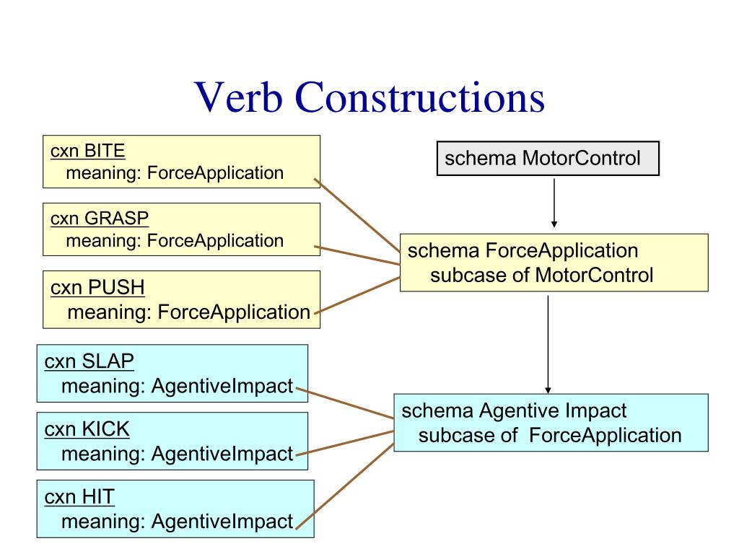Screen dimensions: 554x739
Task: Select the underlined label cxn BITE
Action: pos(88,151)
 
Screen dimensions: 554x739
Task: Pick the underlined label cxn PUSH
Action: pos(97,288)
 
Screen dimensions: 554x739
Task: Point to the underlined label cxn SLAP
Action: pos(89,361)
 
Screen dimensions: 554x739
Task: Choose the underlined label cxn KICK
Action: pos(87,429)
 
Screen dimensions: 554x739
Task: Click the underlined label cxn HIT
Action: pos(79,496)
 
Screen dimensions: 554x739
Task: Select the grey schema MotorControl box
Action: pos(548,159)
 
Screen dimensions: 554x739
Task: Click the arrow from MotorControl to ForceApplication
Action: pos(554,202)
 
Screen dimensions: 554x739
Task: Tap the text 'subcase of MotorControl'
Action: pos(541,275)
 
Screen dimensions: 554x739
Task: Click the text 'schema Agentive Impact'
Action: pos(514,411)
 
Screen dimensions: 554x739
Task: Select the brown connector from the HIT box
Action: pos(345,487)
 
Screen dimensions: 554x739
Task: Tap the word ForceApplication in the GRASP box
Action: pos(215,240)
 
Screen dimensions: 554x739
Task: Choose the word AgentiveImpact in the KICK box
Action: pos(222,454)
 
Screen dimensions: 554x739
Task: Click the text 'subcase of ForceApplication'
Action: pos(550,435)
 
